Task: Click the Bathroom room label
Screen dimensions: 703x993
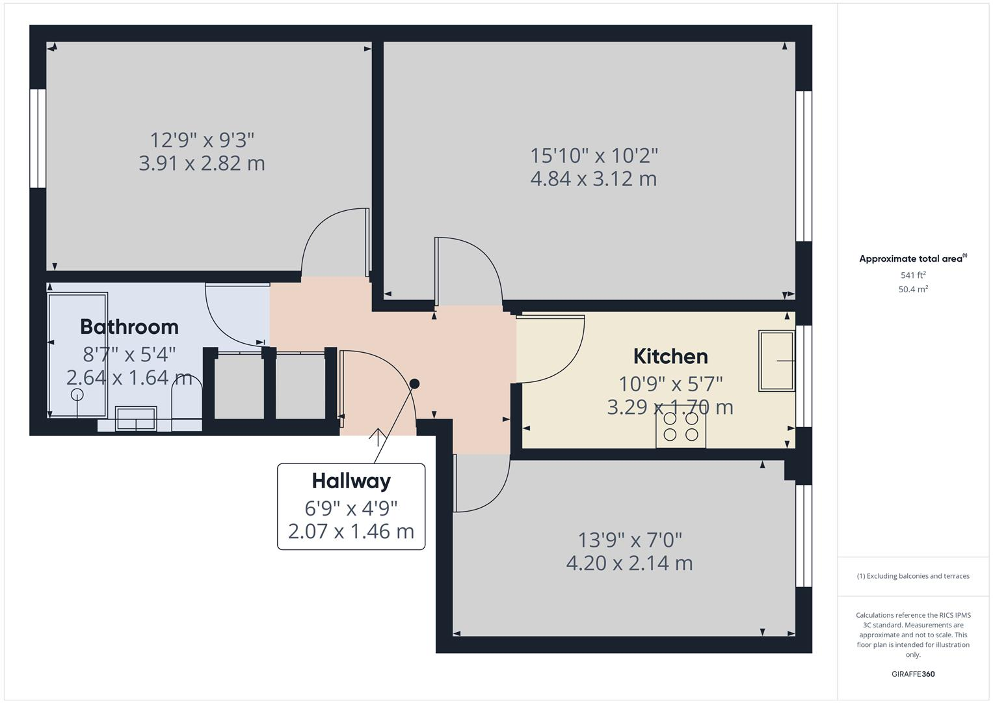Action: [129, 326]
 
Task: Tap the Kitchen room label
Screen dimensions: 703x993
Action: [670, 356]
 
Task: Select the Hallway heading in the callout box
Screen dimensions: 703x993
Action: [351, 481]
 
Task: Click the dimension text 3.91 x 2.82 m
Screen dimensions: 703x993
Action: [202, 163]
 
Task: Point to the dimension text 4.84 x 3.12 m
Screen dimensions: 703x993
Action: [593, 178]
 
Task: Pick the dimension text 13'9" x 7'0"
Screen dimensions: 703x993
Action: [629, 540]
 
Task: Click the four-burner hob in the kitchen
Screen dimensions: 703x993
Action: [680, 427]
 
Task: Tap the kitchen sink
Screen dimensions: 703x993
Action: [776, 361]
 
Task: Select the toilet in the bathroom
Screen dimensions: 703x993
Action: [187, 401]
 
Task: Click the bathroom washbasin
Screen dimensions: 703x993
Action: [136, 418]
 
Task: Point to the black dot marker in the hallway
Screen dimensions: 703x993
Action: [414, 384]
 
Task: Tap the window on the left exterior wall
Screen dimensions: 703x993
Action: [38, 139]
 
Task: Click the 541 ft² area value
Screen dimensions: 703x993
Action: [912, 275]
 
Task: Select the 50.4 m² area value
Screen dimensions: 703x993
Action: [912, 290]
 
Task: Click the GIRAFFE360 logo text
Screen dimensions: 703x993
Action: [912, 674]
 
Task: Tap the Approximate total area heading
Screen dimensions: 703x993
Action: [912, 259]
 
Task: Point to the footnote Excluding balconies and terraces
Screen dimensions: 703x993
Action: [912, 576]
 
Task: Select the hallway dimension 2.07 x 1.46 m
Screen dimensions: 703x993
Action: [351, 531]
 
